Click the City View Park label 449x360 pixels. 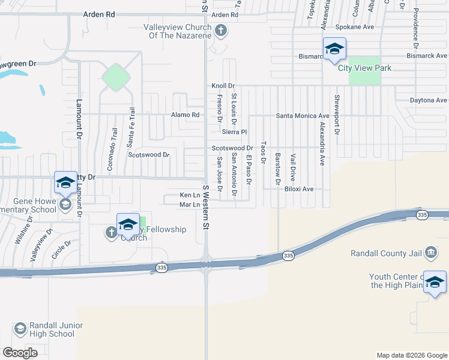[364, 68]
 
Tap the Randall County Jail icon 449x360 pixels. [430, 253]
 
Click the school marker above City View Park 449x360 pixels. [334, 49]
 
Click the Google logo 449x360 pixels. [20, 353]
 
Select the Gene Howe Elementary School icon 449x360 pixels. [65, 205]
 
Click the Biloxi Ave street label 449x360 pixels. [299, 188]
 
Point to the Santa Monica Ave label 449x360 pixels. [303, 115]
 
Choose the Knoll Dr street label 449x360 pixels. [223, 86]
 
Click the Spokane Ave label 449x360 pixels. [355, 28]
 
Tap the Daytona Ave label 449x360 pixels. [429, 100]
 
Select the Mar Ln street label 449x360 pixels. [189, 205]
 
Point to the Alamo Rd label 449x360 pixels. [185, 115]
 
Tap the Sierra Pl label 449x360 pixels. [234, 131]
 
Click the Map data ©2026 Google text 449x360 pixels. [411, 355]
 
